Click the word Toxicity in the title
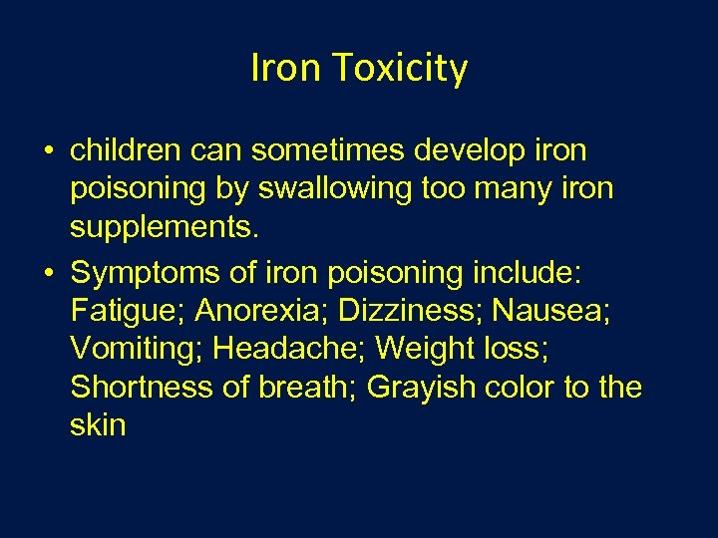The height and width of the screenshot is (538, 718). click(400, 69)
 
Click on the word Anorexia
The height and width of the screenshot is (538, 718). click(262, 310)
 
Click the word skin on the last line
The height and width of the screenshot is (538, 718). click(98, 426)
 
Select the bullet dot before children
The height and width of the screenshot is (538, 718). click(48, 152)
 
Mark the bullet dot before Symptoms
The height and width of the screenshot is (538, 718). click(48, 271)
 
